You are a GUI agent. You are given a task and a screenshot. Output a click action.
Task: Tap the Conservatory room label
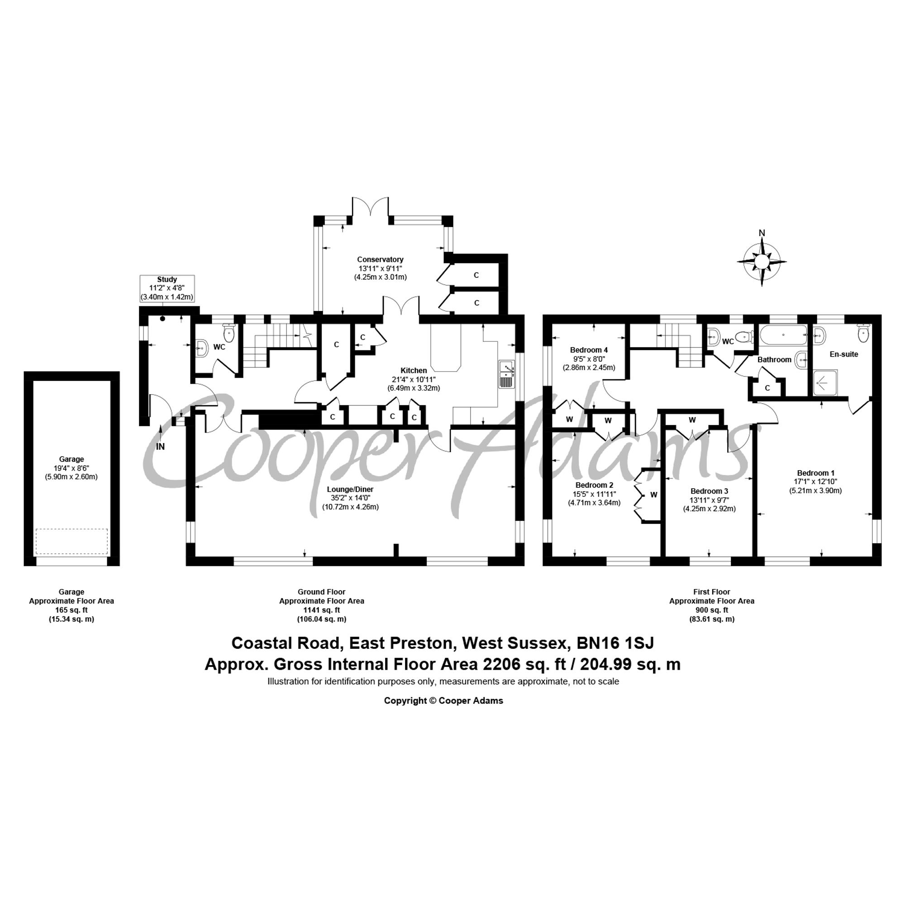tap(380, 259)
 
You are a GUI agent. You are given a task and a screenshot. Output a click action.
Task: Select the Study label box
tap(167, 288)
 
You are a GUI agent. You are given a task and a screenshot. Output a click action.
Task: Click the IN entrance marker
tap(160, 447)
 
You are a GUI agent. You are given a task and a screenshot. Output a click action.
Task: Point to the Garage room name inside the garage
tap(71, 459)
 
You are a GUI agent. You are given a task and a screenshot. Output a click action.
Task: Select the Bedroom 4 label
tap(589, 350)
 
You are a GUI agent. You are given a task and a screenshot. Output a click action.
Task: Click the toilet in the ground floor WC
tap(229, 333)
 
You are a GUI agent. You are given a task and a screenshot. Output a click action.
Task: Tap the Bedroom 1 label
tap(815, 473)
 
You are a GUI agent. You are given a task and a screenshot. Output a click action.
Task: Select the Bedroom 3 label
tap(709, 491)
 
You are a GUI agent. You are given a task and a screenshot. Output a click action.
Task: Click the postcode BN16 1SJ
tap(615, 643)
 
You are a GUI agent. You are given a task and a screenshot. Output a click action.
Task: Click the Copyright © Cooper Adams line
tap(443, 701)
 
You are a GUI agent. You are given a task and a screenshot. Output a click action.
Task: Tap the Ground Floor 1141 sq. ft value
tap(321, 610)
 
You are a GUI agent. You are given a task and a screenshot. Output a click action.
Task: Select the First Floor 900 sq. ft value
tap(711, 610)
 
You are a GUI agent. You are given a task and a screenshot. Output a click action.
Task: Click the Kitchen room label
tap(414, 371)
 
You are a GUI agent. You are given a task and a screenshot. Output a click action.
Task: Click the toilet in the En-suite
tap(863, 333)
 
